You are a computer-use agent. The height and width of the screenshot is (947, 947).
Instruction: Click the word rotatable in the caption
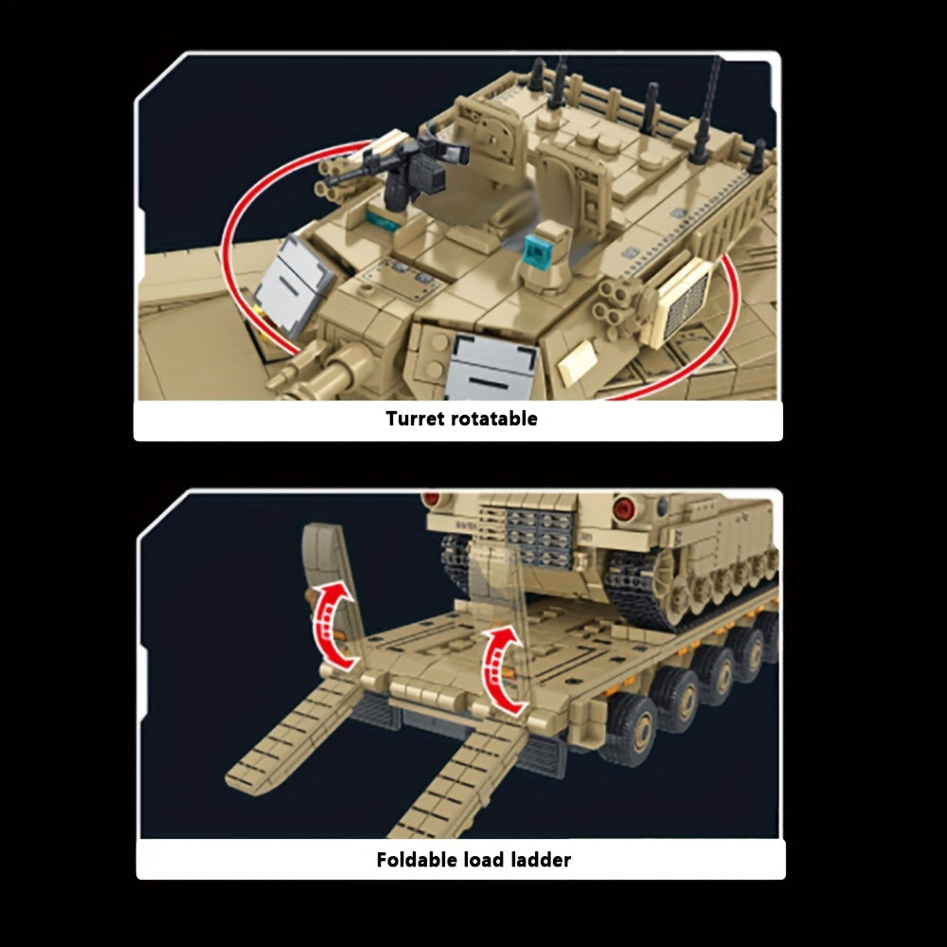coord(494,419)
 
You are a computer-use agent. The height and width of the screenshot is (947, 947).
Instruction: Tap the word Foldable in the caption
coord(417,860)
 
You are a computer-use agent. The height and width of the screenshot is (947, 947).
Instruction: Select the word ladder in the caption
coord(541,860)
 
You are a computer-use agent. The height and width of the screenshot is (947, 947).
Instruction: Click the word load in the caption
coord(484,860)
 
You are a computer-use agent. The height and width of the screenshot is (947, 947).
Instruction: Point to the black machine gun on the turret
coord(393,167)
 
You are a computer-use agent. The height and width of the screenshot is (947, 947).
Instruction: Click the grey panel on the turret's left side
coord(294,286)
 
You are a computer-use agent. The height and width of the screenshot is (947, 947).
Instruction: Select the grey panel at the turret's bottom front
coord(492,366)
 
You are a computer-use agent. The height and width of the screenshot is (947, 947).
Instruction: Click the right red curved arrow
coord(501,670)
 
